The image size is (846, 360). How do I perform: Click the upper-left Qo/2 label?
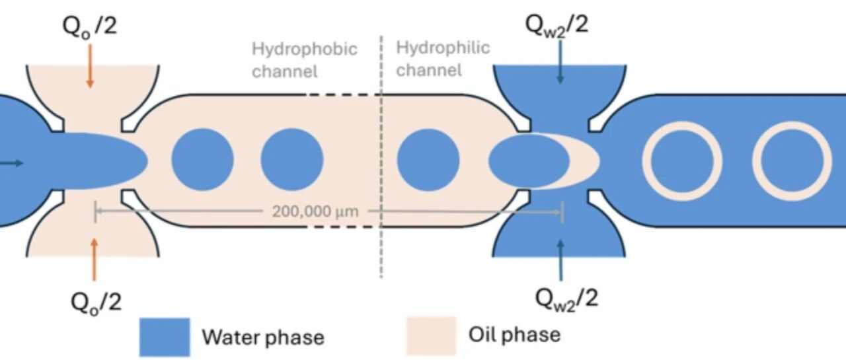[90, 27]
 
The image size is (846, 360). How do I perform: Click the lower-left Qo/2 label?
[96, 303]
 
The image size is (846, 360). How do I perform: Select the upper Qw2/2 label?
[557, 26]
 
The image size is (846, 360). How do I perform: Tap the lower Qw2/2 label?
[566, 300]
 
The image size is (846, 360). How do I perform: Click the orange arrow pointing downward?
[90, 66]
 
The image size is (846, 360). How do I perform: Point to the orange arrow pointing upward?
[95, 260]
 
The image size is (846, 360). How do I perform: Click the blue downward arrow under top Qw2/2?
[560, 61]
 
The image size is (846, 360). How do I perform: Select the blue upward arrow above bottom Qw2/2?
[561, 260]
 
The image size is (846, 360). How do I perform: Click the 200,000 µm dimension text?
[315, 211]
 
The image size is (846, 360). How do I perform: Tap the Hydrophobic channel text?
[305, 60]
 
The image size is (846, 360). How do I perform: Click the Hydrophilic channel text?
[443, 59]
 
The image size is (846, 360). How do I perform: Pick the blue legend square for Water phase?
[165, 337]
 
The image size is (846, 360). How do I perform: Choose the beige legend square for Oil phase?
[432, 336]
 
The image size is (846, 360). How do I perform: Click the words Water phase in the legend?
[263, 337]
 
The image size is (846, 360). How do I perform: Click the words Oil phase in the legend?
[515, 334]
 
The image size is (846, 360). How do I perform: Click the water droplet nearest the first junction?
[202, 160]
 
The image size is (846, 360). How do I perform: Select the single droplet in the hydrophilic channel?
[428, 160]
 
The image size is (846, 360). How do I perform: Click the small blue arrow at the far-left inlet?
[11, 163]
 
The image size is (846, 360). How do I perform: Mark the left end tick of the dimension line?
[95, 211]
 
